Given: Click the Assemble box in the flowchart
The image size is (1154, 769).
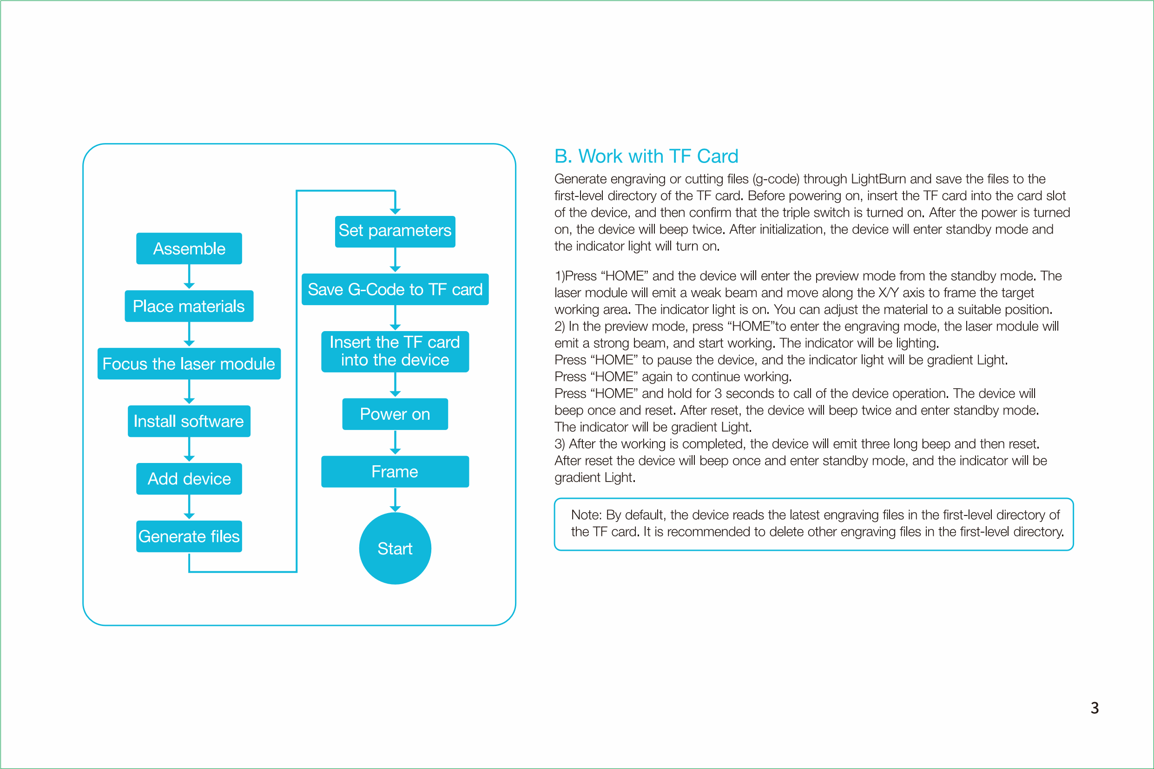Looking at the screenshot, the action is pos(189,248).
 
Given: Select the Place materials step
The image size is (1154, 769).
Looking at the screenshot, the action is pos(189,306).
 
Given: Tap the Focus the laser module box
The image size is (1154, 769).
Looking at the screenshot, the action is pos(189,364).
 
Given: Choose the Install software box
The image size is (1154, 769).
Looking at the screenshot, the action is pos(189,421).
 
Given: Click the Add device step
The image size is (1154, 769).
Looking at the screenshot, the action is pos(189,479).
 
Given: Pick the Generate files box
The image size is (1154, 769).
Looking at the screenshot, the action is pos(189,536).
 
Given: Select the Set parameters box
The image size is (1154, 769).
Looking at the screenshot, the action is pos(395,231).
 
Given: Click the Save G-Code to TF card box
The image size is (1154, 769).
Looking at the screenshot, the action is pos(395,289).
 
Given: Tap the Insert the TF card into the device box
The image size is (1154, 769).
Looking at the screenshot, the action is pos(395,352).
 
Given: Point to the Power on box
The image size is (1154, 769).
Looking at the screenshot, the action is pos(395,414).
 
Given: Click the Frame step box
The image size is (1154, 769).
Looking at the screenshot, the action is pos(395,472).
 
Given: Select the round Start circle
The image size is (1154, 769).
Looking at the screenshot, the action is pos(395,548).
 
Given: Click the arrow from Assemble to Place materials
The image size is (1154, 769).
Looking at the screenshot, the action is pos(189,277).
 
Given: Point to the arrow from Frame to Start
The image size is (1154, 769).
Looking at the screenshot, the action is pos(395,500).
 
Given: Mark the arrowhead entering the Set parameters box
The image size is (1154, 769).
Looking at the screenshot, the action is pos(395,211).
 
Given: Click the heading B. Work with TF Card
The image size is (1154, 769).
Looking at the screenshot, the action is pos(646,156).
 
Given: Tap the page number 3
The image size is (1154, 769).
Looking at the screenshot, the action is pos(1095,708).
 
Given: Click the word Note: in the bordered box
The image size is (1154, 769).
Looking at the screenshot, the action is pos(586,515).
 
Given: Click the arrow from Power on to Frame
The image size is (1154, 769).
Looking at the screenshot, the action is pos(395,443).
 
